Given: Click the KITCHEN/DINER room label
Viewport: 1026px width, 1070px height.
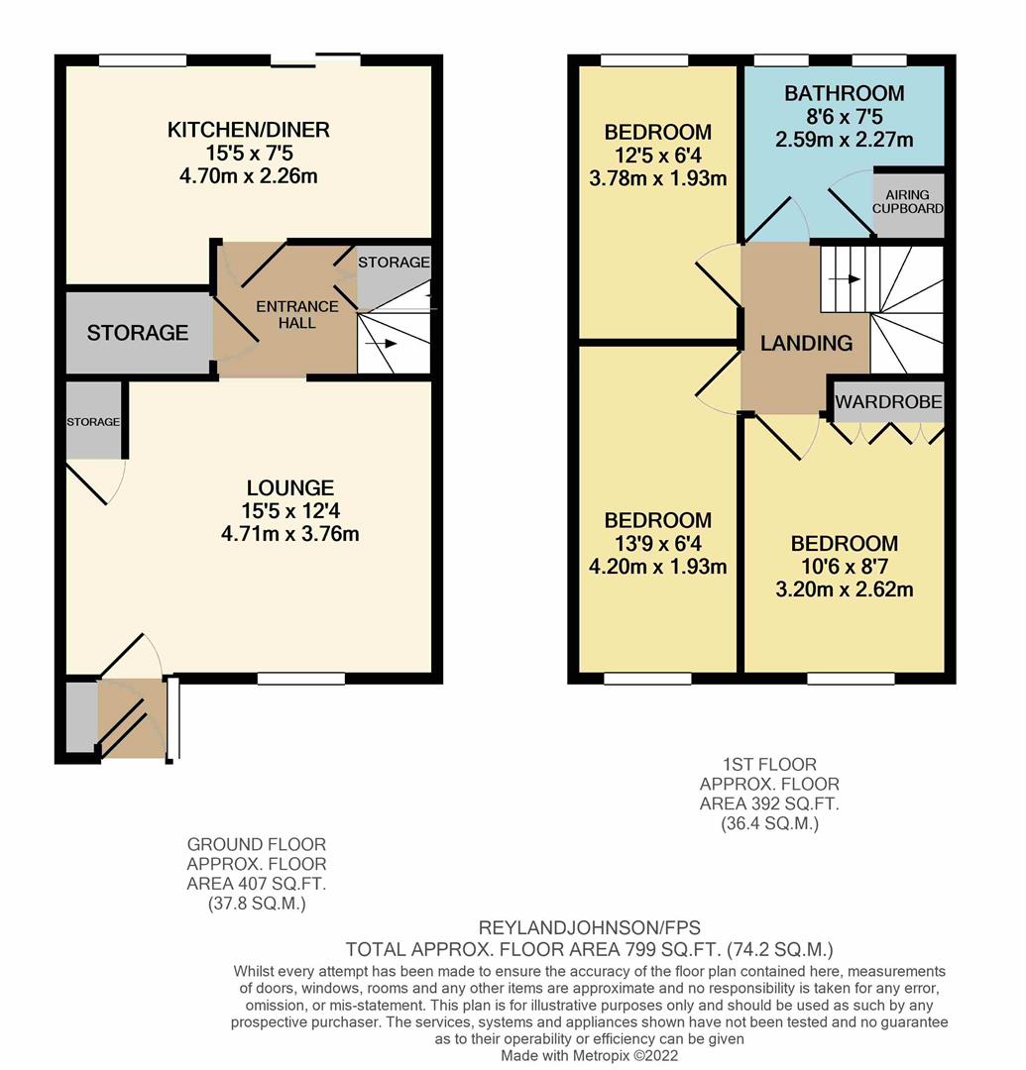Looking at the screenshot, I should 248,130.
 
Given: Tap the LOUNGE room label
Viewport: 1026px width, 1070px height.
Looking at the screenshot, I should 289,487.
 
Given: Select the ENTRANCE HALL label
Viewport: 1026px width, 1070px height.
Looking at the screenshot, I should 297,314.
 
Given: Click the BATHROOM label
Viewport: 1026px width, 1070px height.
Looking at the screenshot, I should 844,93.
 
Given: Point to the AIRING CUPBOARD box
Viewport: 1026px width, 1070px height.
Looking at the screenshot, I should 908,203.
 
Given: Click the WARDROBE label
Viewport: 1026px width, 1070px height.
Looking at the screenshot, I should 888,402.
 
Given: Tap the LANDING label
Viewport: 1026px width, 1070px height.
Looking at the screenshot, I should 806,344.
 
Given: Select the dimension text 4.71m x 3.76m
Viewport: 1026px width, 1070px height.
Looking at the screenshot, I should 289,534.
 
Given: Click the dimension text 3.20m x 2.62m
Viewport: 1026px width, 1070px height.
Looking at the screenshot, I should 844,589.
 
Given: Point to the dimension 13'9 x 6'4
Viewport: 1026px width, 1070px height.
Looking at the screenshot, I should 657,544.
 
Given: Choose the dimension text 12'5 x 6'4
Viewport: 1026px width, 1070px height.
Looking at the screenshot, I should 657,156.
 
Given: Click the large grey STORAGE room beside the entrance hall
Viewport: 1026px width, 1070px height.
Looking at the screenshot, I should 137,333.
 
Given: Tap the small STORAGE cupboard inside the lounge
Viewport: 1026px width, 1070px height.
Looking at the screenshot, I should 93,422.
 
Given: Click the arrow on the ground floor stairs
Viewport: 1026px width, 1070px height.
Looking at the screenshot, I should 387,344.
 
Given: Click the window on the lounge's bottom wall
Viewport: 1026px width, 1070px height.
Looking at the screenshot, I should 301,679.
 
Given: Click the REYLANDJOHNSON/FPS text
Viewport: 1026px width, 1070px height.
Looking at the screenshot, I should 589,928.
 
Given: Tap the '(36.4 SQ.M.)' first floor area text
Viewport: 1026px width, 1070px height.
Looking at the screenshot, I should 769,823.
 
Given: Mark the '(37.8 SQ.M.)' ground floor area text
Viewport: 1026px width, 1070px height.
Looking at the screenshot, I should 256,904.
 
